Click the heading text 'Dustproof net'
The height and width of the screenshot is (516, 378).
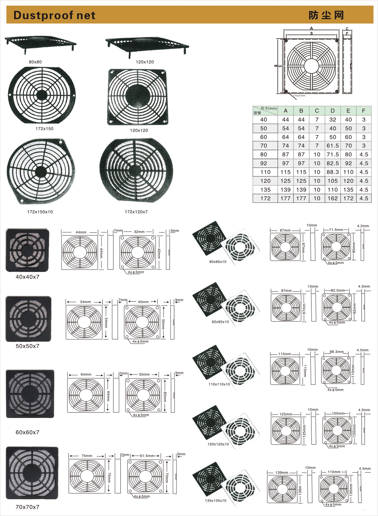tap(54, 15)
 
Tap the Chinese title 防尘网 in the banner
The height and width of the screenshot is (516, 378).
tap(326, 15)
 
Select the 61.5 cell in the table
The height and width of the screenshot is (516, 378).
tap(332, 146)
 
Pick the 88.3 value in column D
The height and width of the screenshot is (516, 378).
tap(332, 172)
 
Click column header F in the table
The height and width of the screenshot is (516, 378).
tap(364, 111)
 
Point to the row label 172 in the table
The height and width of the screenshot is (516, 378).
tap(265, 198)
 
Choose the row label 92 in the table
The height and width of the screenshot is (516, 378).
tap(264, 163)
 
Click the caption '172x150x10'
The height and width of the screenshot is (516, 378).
tap(40, 212)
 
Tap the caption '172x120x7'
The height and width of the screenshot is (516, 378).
tap(136, 212)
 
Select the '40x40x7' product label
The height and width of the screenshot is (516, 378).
tap(27, 277)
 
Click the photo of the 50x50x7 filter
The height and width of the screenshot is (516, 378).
tap(28, 319)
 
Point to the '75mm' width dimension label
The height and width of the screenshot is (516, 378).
tap(87, 456)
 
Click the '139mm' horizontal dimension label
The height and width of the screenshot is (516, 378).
tap(282, 472)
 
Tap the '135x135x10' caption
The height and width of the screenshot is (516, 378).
tap(216, 501)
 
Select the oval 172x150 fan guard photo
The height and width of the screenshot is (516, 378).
tap(42, 95)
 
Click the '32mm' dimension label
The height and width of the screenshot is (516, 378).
tap(139, 232)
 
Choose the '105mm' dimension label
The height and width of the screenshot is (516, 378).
tap(338, 414)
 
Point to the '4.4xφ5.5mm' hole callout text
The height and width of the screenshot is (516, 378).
tap(299, 96)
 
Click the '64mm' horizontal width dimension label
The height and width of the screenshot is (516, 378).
tap(86, 374)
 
